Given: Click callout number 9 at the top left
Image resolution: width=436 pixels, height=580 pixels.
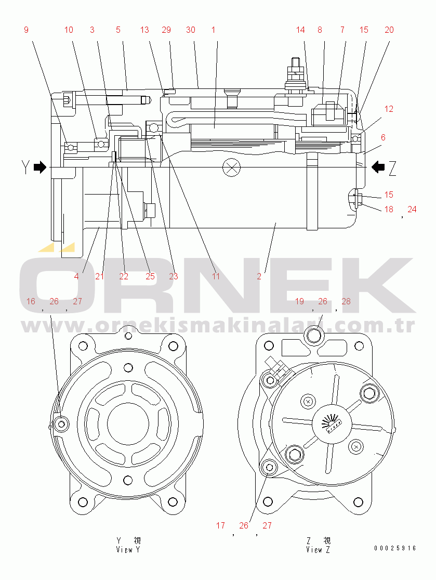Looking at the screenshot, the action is coord(26,30).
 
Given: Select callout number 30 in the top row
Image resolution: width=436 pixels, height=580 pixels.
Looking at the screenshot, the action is coord(191,30).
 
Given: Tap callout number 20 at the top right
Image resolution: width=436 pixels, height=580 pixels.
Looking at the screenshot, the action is coord(389,30).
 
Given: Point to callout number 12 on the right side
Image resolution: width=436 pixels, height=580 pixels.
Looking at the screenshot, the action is coord(389,109).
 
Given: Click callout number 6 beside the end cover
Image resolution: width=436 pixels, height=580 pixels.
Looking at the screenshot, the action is coord(383,138).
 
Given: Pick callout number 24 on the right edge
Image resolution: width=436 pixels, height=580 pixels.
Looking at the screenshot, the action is coord(412,209).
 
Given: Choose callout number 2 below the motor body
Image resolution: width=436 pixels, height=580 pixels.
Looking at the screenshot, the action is coord(259,276).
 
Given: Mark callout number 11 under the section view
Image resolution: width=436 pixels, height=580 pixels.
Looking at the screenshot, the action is coord(216,276).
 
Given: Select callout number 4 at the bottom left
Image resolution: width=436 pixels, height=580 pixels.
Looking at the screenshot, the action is coord(76,276).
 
